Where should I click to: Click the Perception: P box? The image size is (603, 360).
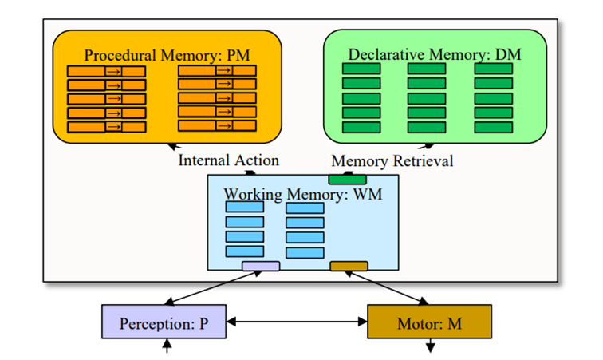click(x=165, y=323)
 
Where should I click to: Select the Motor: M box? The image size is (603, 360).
click(x=429, y=323)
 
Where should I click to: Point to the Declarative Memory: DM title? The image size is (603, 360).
click(x=434, y=54)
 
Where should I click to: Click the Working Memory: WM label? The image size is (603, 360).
click(x=302, y=194)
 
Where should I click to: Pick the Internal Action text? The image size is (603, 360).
click(x=228, y=160)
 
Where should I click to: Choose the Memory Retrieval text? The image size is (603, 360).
click(x=392, y=161)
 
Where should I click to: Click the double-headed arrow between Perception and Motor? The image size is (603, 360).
click(x=297, y=323)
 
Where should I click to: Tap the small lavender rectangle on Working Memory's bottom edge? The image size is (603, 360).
click(x=260, y=266)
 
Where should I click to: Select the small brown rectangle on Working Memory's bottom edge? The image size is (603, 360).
click(x=349, y=266)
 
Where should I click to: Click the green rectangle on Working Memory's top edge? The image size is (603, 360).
click(x=348, y=179)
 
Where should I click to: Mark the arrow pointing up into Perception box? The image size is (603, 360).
click(x=167, y=346)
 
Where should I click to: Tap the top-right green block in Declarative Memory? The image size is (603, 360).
click(x=493, y=69)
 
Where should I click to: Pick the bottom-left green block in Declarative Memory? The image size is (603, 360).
click(x=361, y=127)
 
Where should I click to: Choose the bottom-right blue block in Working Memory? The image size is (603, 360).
click(x=305, y=252)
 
